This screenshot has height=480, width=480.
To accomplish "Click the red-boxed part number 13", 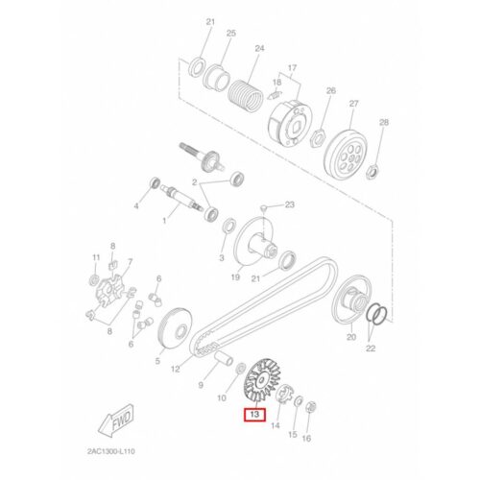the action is click(254, 415).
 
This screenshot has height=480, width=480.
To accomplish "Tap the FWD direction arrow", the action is click(116, 420).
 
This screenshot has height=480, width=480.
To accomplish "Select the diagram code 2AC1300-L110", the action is click(111, 451).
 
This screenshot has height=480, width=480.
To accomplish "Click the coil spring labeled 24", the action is click(246, 95).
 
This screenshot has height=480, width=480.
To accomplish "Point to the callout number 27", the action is click(353, 104).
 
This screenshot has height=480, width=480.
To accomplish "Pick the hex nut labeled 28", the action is click(372, 171).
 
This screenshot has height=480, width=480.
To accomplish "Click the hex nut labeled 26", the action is click(318, 137).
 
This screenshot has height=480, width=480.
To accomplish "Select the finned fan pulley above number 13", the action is click(262, 379).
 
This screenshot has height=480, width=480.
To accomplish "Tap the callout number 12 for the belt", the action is click(175, 369).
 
